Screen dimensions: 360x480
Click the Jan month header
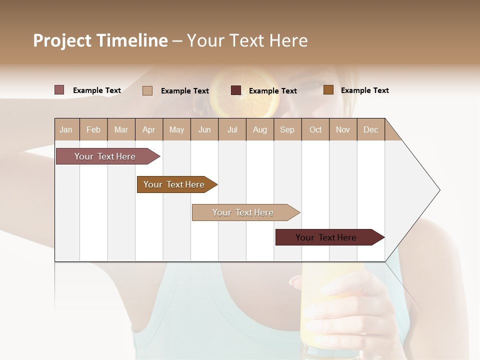coord(66,129)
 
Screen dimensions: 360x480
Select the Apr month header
coord(149,129)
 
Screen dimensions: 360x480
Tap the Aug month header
coord(260,129)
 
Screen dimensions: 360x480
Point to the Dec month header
coord(371,129)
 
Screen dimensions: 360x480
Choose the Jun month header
coord(204,129)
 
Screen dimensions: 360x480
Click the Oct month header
coord(315,129)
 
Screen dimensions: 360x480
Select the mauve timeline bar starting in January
coord(105,156)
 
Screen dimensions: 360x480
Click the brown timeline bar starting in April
coord(174,184)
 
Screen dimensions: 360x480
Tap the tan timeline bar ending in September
coord(243,212)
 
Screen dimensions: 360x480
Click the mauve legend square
coord(59,90)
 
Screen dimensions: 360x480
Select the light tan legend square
coord(147,90)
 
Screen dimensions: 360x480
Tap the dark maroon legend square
coord(236,90)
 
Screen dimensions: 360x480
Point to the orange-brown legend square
coord(328,90)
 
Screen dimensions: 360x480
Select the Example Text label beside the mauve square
coord(97,90)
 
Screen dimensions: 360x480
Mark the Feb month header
coord(93,129)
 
